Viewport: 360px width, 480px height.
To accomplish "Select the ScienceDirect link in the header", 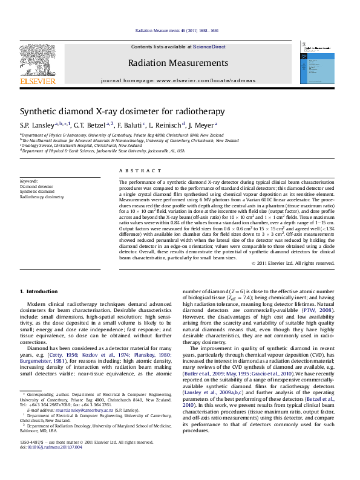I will coord(209,47).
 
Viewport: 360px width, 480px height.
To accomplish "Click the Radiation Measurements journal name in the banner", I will coord(177,63).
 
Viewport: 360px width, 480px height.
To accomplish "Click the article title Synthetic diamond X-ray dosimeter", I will coord(122,111).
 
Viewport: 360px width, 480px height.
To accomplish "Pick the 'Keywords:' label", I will coord(29,181).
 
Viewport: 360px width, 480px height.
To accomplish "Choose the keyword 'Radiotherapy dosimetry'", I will coord(42,197).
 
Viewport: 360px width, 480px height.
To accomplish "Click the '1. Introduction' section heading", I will coord(39,292).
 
